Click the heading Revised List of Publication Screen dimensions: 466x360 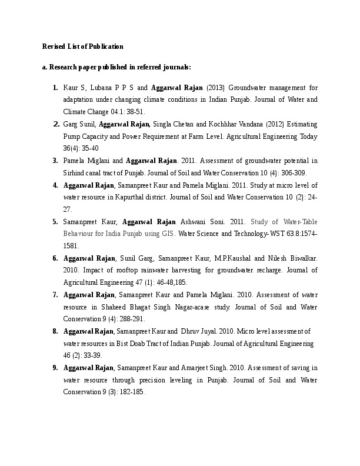coord(83,46)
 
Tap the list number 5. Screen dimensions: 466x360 coord(55,222)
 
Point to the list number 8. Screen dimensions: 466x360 coord(55,331)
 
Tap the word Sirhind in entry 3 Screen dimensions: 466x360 coord(74,173)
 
